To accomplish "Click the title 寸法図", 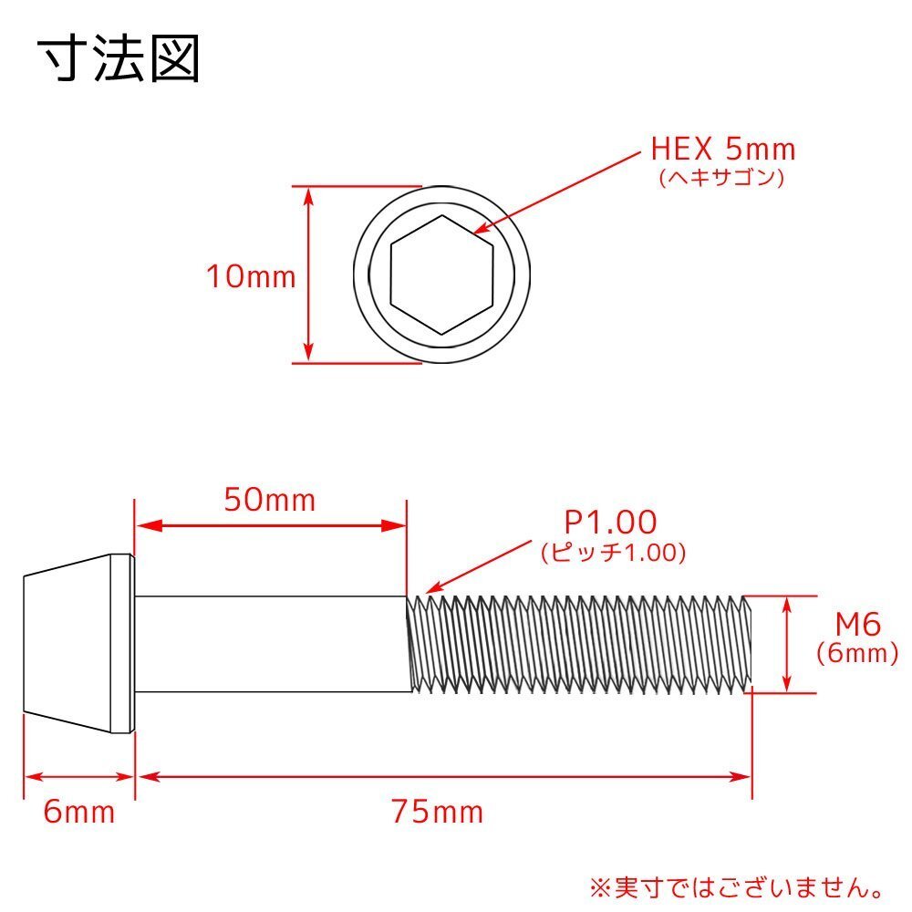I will tap(119, 59).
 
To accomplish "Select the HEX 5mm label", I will tap(723, 148).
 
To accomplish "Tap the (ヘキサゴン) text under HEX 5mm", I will tap(721, 178).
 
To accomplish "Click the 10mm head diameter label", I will tap(251, 276).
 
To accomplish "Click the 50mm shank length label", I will tap(270, 499).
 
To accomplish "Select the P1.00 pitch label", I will tap(610, 523).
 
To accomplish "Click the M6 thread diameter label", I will tap(857, 625).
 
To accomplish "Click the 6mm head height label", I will tap(79, 811).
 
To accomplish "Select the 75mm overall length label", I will tap(437, 811).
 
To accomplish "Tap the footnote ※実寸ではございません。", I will tap(737, 886).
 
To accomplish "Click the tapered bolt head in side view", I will tap(78, 643).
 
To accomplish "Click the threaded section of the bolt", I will tap(579, 643).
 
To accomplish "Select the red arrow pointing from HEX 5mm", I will tap(556, 193).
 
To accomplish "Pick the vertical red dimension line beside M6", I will tap(786, 643).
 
